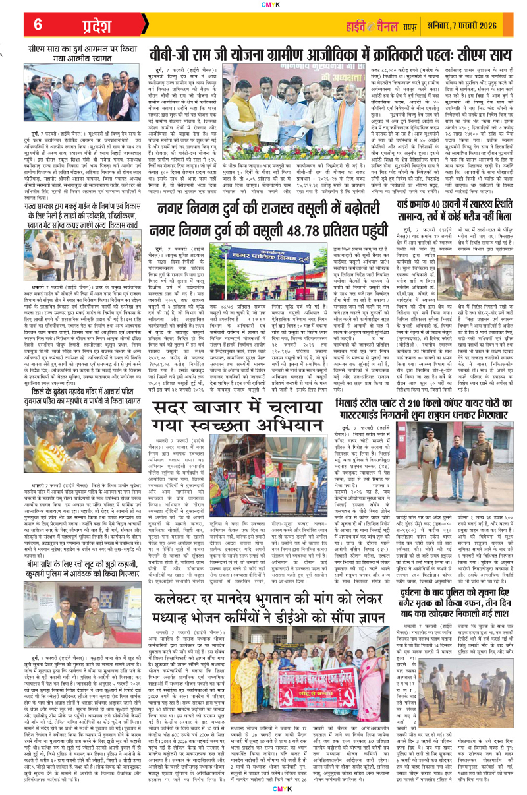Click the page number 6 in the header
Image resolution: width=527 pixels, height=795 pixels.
(38, 24)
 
